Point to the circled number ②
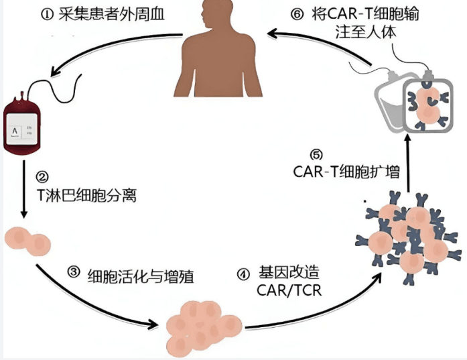click(x=42, y=177)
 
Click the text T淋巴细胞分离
click(x=84, y=196)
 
